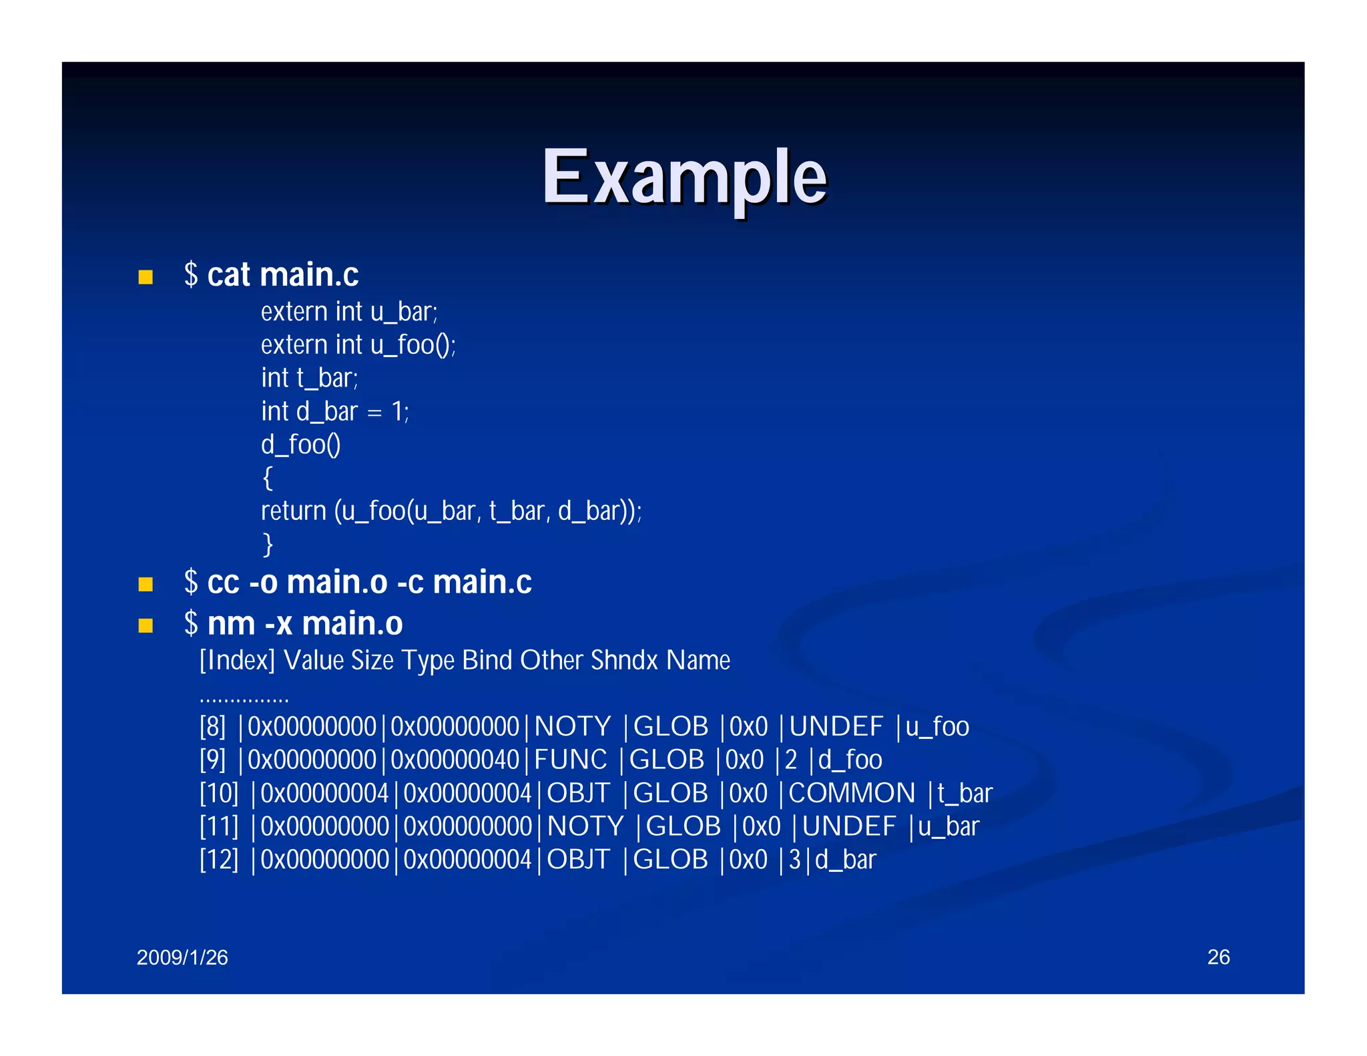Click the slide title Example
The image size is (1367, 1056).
point(683,177)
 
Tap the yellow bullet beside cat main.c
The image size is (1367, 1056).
point(146,277)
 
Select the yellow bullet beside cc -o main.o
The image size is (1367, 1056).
point(146,585)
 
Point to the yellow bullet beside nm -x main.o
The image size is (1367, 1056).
point(146,625)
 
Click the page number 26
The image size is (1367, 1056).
point(1218,957)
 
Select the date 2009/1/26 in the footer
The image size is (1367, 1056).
point(182,958)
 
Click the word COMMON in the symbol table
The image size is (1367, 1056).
point(852,794)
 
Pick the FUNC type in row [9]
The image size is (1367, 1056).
point(571,760)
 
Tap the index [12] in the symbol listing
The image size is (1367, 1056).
point(219,860)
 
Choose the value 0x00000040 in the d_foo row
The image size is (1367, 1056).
point(455,760)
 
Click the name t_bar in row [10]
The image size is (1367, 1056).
point(965,794)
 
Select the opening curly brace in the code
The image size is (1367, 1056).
point(268,478)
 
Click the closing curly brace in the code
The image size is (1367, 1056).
point(268,545)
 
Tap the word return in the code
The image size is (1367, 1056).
point(293,511)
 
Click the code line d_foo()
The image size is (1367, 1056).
point(301,445)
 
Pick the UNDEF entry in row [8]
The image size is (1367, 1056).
point(836,727)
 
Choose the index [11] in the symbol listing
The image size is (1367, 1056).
point(219,826)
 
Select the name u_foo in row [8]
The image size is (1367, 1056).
point(937,727)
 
